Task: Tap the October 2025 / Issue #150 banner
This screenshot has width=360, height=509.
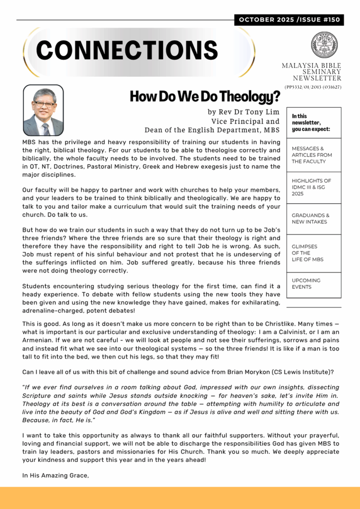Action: [x=289, y=20]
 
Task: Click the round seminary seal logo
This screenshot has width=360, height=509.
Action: [x=324, y=45]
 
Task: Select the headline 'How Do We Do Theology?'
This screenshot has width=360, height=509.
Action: [x=205, y=97]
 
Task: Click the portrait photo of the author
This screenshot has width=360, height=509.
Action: [x=43, y=110]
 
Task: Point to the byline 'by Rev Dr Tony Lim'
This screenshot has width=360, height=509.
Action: [x=244, y=112]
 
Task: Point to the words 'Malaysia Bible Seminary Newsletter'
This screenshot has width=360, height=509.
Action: [x=312, y=72]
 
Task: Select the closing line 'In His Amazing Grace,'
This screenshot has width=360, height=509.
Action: [x=56, y=476]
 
